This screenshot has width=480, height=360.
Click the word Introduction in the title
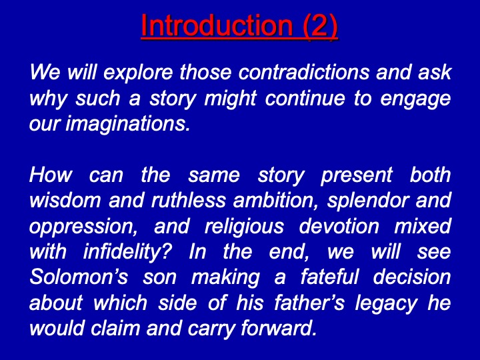pos(217,25)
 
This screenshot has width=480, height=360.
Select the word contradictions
pos(303,72)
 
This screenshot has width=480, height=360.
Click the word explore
pos(138,73)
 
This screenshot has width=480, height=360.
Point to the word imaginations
pos(127,125)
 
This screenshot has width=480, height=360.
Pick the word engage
pos(415,99)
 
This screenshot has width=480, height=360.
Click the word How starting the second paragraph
pos(51,175)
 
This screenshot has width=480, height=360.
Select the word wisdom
pos(65,200)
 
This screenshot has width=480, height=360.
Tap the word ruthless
pos(189,200)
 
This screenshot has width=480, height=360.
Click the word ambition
pos(276,201)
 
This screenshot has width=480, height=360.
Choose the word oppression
pos(83,227)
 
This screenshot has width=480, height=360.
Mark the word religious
pos(244,227)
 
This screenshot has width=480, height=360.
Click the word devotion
pos(339,226)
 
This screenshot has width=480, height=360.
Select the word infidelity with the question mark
pos(127,253)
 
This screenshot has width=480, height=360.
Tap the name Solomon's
pos(79,277)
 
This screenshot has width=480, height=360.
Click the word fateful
pos(329,277)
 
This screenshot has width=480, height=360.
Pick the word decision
pos(412,277)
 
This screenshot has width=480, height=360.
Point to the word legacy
pos(386,304)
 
